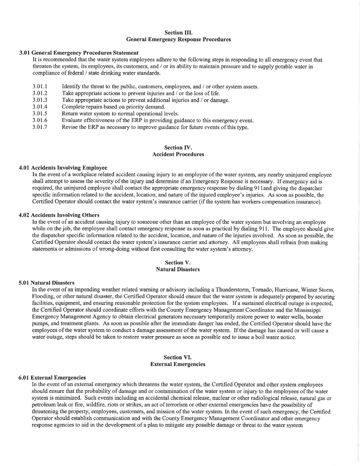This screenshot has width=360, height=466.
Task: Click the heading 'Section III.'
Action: click(x=178, y=33)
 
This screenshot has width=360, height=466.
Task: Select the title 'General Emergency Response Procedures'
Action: click(x=178, y=39)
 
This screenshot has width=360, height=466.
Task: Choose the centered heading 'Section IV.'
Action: click(x=178, y=148)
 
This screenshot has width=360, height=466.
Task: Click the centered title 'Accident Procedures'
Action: click(x=178, y=154)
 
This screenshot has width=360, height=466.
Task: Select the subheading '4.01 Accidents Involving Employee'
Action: click(x=63, y=168)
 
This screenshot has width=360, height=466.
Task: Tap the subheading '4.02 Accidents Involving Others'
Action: click(x=59, y=216)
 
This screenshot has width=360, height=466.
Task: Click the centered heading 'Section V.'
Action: click(x=178, y=263)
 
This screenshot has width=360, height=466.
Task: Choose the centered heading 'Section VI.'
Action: click(x=178, y=357)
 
